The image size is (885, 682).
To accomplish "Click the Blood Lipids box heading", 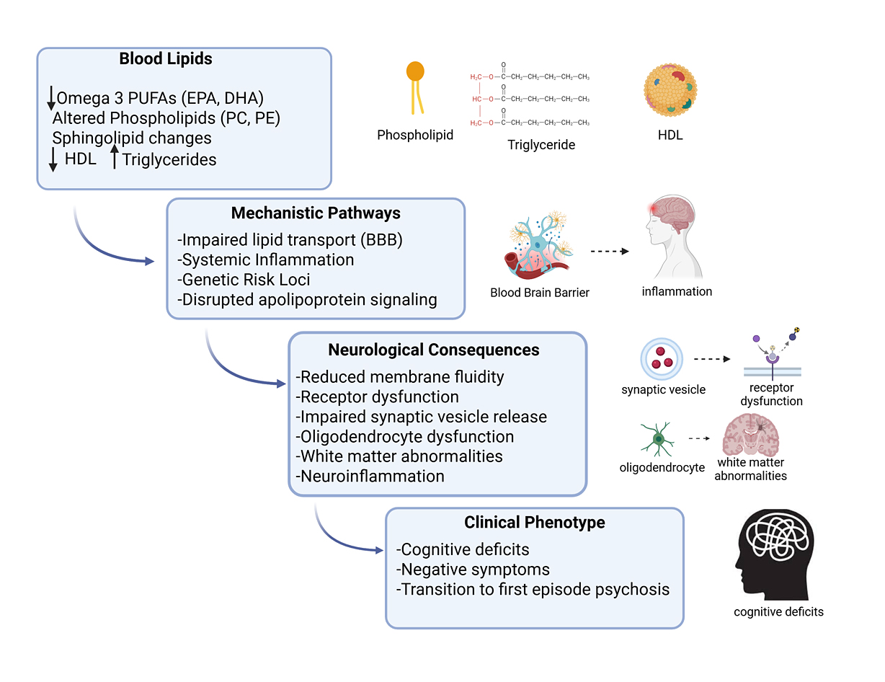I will [166, 59].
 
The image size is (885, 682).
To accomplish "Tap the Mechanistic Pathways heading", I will [316, 213].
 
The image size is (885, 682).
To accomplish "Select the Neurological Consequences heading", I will [434, 350].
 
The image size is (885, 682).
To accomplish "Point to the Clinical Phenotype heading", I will [534, 522].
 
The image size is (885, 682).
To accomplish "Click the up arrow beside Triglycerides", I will [114, 156].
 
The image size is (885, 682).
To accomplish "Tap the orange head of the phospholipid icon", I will [415, 71].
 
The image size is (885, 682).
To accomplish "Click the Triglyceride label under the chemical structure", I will [541, 145].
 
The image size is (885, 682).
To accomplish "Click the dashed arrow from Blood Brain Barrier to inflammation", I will [609, 252].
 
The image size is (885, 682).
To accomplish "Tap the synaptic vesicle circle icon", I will [662, 359].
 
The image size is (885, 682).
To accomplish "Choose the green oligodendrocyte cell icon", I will [657, 438].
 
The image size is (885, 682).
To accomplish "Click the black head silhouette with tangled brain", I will [777, 554].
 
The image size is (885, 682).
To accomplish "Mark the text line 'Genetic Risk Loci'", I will [246, 280].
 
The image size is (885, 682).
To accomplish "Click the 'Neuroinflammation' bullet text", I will [372, 476].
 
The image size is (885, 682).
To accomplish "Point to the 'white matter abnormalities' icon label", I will [750, 469].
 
